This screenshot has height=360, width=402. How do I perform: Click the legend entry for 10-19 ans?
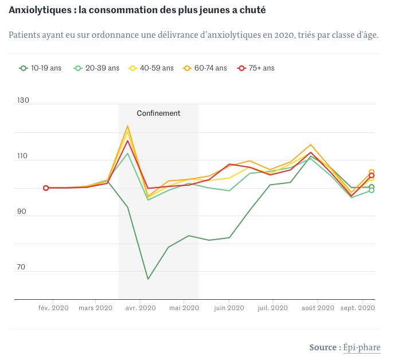click(x=41, y=68)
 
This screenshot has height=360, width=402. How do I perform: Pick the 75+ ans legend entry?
click(x=257, y=68)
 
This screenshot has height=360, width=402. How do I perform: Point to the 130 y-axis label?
click(x=24, y=100)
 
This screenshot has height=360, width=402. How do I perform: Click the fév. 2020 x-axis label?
click(x=53, y=308)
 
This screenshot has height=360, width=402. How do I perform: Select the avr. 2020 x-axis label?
click(x=140, y=308)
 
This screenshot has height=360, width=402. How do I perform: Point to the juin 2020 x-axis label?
click(x=229, y=308)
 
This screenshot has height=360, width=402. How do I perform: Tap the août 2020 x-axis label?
click(x=317, y=308)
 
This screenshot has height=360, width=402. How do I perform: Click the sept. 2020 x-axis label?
click(x=358, y=308)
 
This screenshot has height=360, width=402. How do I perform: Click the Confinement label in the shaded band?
click(x=158, y=113)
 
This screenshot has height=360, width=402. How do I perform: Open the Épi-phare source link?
click(x=362, y=347)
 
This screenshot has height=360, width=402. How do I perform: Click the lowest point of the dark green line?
click(x=148, y=279)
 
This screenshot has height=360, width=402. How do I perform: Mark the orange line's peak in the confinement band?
click(x=128, y=126)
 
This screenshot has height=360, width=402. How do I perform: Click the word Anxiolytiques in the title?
click(x=37, y=10)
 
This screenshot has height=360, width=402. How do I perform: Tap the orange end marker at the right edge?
click(x=372, y=172)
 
